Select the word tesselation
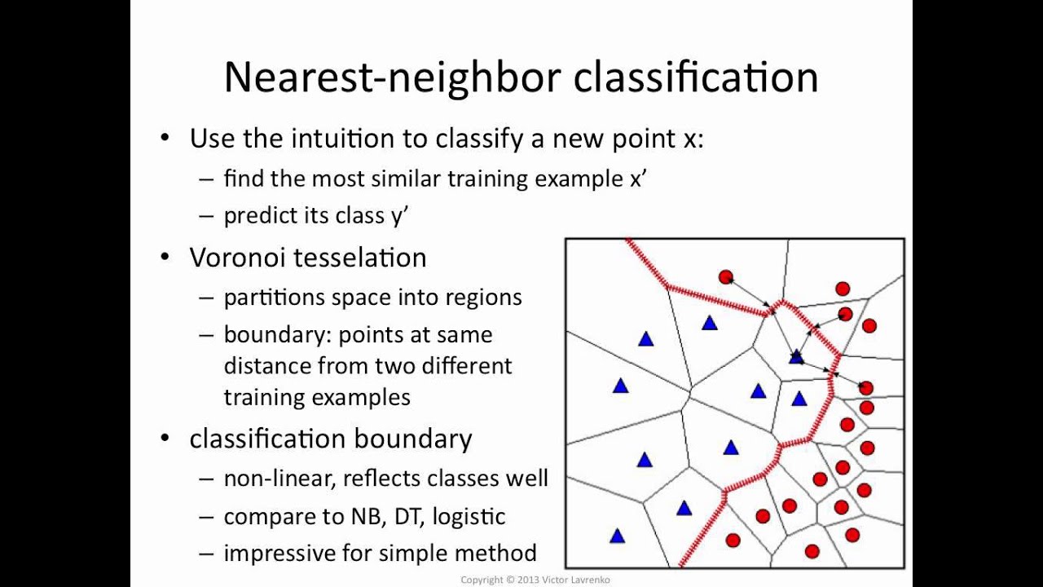(x=360, y=257)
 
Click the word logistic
(x=469, y=517)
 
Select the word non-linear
(x=279, y=479)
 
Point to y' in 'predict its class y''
(x=399, y=216)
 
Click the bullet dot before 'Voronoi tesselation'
(x=165, y=257)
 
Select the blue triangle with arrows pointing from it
(x=796, y=357)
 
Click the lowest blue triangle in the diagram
(x=617, y=536)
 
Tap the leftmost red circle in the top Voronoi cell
(x=726, y=277)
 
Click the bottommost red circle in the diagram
(x=812, y=552)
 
